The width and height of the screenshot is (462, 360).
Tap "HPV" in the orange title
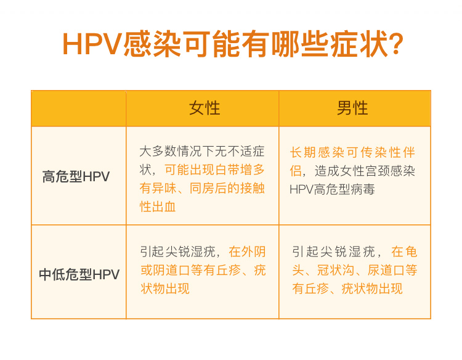[92, 44]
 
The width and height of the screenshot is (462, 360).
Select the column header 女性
[205, 108]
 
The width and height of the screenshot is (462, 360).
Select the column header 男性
[353, 108]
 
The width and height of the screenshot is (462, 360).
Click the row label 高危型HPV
[76, 176]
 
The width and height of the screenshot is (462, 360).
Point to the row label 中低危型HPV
[79, 274]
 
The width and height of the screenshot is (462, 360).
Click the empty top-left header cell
[79, 108]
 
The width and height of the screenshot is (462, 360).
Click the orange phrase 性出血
[158, 207]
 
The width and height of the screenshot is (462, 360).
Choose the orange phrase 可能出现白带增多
[214, 170]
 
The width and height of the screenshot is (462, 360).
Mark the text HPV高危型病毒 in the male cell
[332, 189]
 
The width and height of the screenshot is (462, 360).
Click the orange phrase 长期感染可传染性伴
[353, 152]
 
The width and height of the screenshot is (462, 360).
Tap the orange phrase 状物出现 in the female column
[165, 288]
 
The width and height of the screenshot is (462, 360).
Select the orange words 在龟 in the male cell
[404, 252]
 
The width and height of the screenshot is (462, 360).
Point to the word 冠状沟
[336, 270]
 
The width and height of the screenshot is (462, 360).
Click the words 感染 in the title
[152, 44]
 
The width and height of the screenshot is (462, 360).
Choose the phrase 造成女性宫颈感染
[365, 171]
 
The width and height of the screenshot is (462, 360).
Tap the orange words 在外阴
[247, 252]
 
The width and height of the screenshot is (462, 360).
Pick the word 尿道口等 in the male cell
[392, 270]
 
